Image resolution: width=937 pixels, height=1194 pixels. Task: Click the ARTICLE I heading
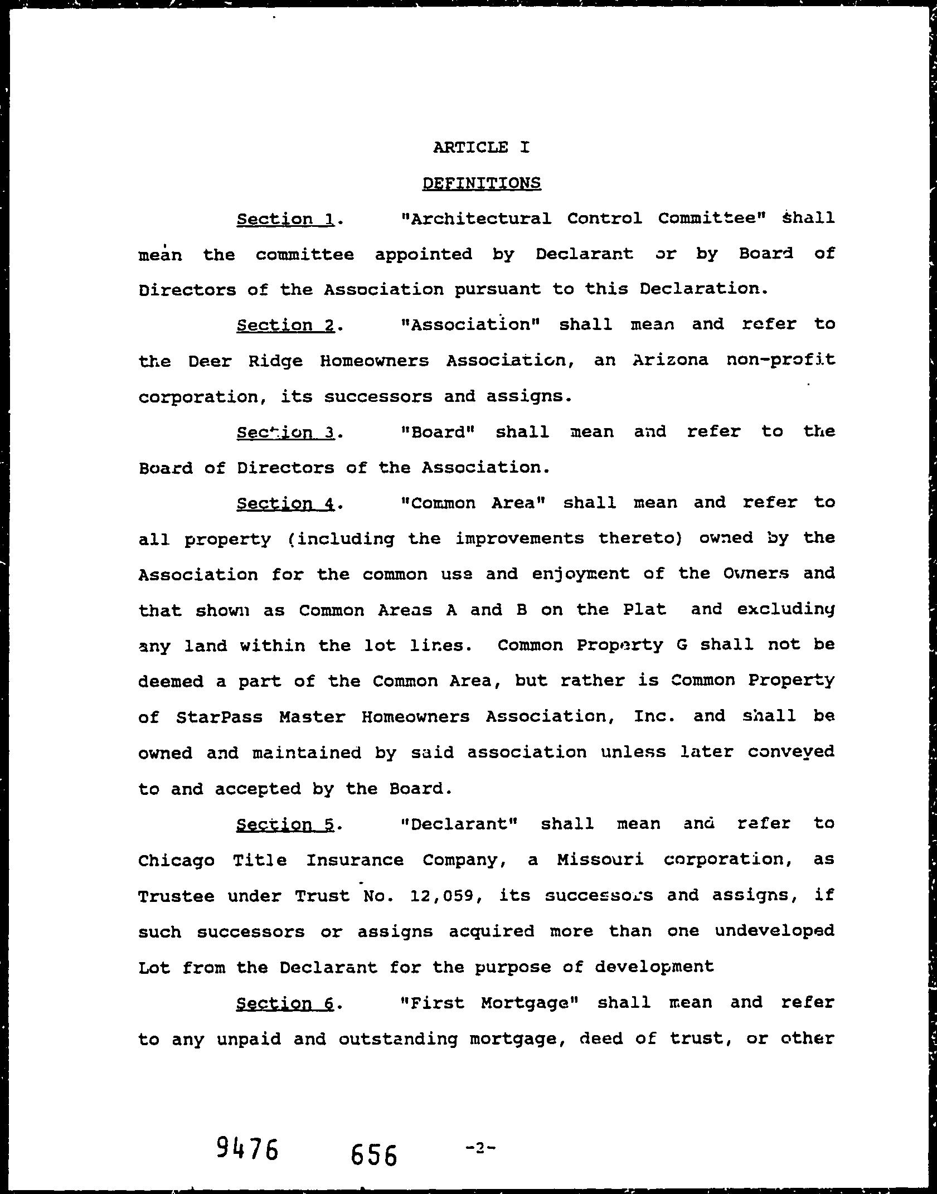(x=481, y=147)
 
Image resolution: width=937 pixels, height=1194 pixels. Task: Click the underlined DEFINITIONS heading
(x=482, y=183)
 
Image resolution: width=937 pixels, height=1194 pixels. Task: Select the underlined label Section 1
(x=285, y=219)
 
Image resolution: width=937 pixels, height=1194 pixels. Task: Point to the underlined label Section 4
(x=285, y=503)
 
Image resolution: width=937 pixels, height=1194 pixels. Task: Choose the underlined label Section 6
(x=285, y=1003)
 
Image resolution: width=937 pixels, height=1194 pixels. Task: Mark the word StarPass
(x=219, y=716)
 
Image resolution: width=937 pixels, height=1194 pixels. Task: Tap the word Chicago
(x=176, y=860)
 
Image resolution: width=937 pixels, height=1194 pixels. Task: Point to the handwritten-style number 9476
(x=247, y=1148)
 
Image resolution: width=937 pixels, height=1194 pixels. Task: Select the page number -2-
(x=480, y=1143)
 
